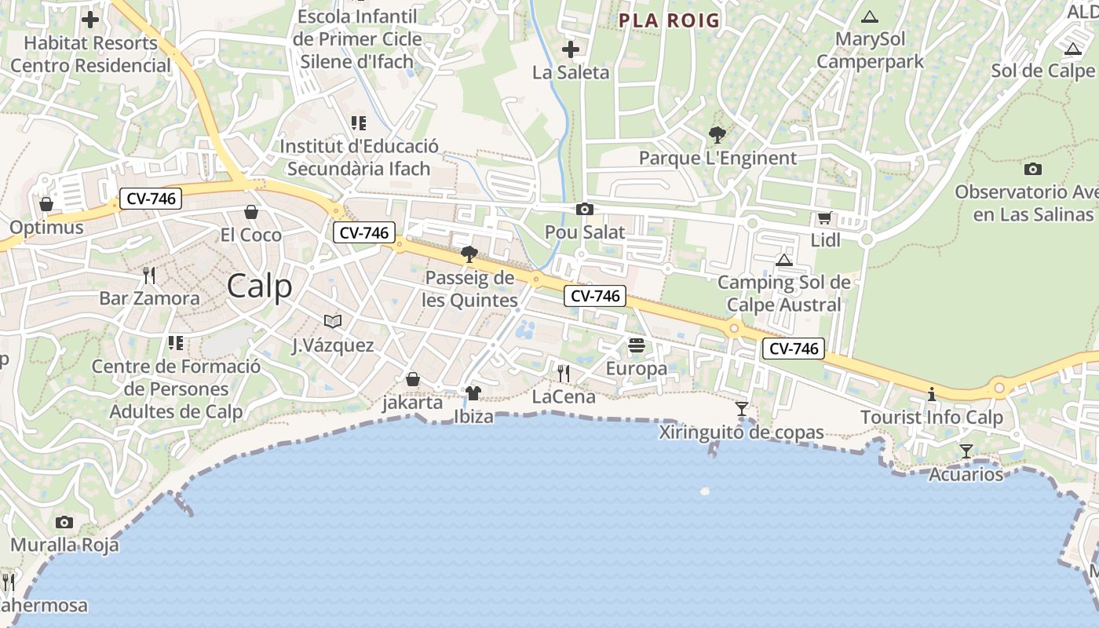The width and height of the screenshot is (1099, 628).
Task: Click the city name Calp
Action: point(259,287)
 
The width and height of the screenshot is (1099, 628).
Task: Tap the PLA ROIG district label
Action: point(669,20)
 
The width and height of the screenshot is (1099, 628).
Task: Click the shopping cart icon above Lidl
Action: point(824,217)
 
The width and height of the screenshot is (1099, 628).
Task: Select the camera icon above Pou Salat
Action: point(584,209)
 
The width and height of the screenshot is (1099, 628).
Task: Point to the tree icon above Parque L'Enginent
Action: point(717,134)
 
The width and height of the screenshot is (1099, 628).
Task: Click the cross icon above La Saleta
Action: point(571,49)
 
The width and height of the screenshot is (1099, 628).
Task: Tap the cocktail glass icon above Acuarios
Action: point(966,451)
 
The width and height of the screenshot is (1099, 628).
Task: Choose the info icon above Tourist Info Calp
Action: point(932,393)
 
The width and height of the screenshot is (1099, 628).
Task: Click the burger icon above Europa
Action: point(636,345)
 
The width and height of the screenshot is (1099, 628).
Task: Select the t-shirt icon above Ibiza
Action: point(473,392)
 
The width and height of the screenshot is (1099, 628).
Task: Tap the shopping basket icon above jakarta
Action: point(413,380)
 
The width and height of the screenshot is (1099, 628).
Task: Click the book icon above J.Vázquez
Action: point(333,321)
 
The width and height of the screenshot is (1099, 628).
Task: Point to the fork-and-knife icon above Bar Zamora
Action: point(149,275)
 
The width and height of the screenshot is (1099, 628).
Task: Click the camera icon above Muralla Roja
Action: point(64,522)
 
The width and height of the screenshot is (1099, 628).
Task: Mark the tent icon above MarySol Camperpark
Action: point(869,16)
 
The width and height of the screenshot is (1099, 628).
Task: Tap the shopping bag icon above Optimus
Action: point(46,204)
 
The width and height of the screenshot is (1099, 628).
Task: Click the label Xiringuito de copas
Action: point(741,432)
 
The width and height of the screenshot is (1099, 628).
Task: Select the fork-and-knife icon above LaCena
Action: point(563,373)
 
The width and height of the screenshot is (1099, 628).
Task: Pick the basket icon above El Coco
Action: point(251,212)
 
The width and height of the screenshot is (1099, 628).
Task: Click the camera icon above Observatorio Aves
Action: point(1033,169)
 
